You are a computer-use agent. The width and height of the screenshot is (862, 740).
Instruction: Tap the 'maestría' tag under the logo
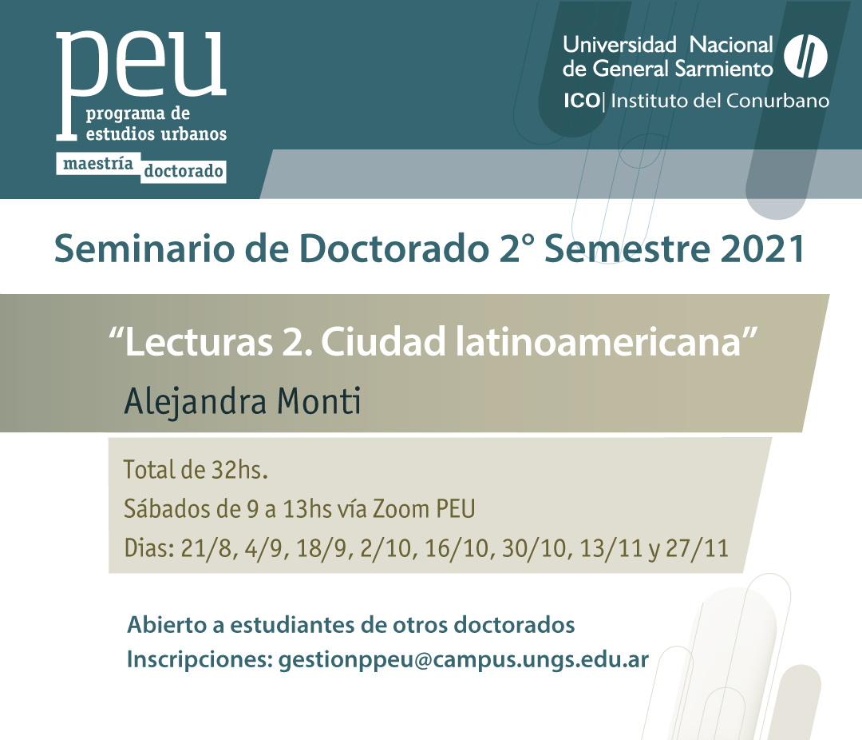point(98,164)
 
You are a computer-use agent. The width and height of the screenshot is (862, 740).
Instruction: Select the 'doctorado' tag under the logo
point(183,171)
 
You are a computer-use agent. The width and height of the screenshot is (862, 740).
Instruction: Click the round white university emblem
point(805,56)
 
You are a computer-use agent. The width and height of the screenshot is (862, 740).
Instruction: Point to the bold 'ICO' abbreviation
point(582,101)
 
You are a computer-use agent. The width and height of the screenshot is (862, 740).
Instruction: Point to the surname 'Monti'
point(318,400)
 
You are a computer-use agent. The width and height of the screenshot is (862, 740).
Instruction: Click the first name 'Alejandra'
point(196,402)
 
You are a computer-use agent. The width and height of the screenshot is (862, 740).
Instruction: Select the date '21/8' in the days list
point(207,548)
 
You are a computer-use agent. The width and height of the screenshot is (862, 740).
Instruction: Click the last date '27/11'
point(697,548)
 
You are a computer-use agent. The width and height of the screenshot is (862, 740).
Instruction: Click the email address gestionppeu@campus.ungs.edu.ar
point(464,659)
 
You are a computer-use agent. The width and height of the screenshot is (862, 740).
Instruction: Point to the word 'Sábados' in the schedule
point(167,508)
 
